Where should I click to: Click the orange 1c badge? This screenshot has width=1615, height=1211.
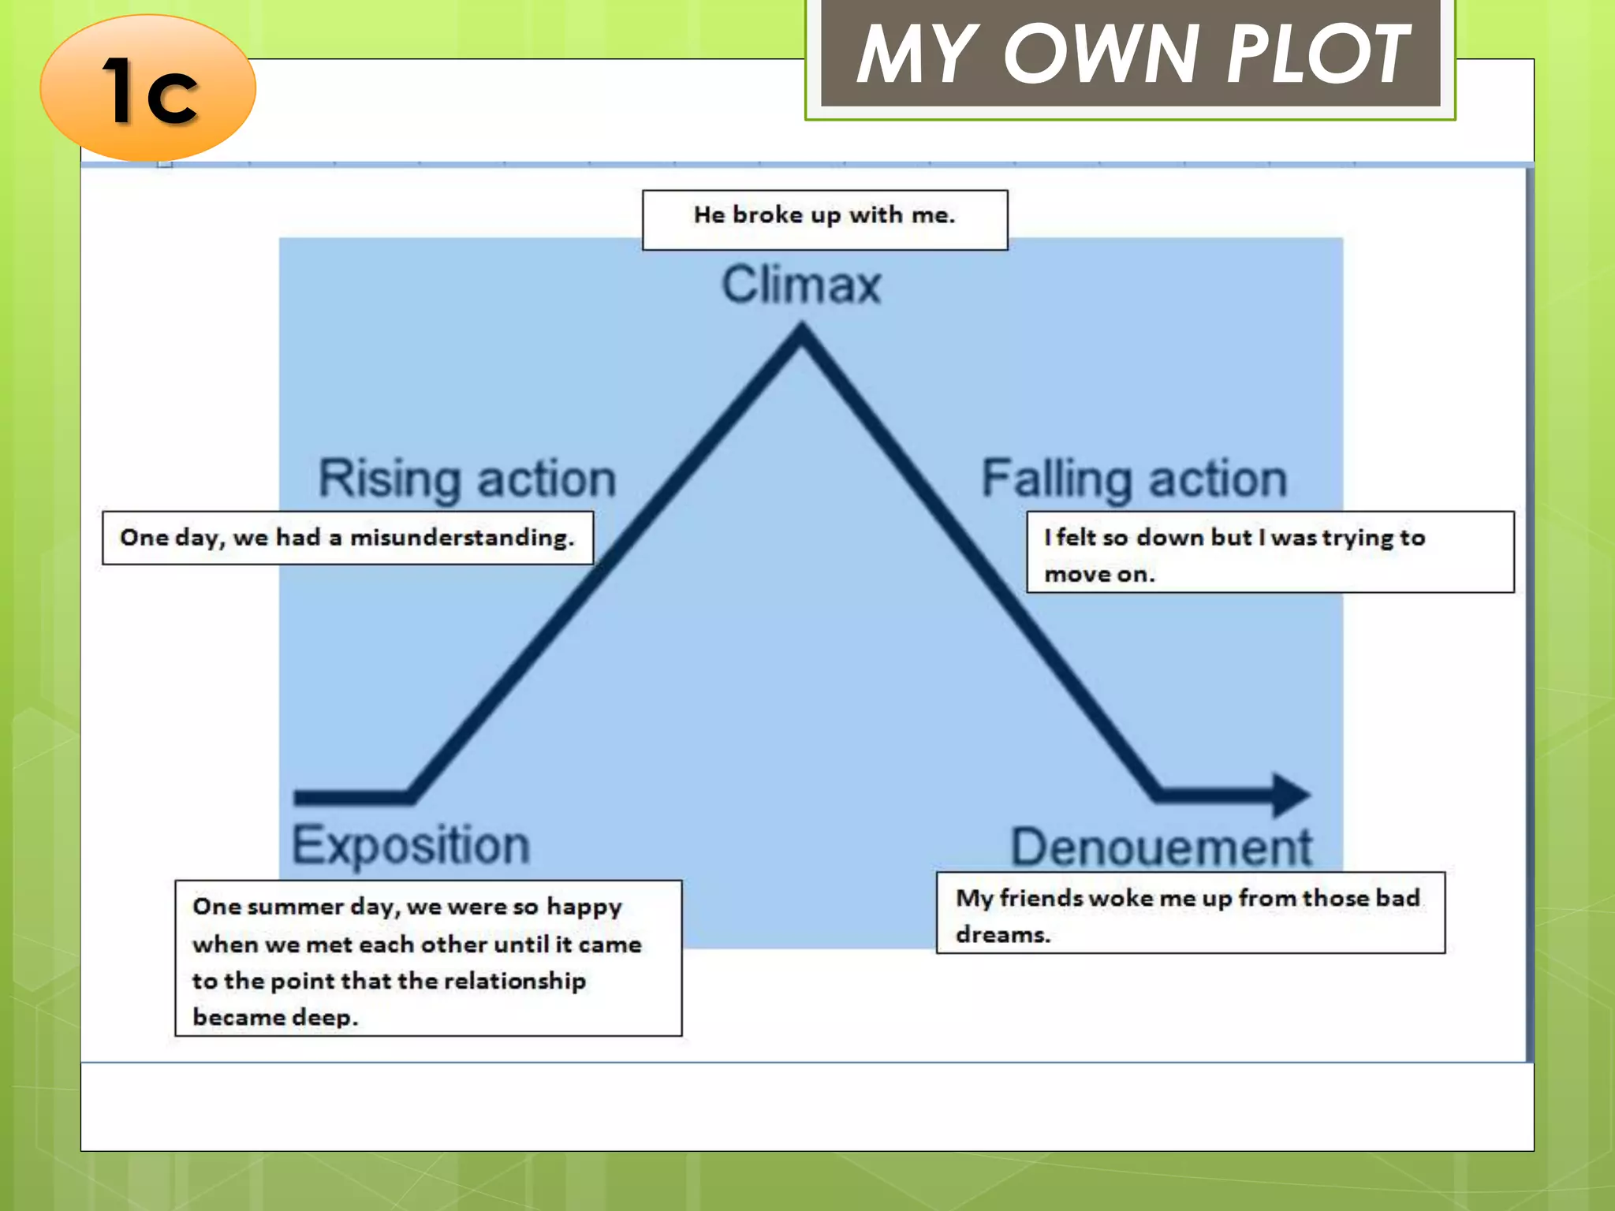tap(148, 88)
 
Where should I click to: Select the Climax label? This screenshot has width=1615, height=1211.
tap(801, 285)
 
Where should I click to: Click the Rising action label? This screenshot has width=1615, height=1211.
tap(467, 479)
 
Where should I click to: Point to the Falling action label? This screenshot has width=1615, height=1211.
tap(1134, 479)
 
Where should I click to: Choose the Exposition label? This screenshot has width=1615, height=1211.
tap(411, 845)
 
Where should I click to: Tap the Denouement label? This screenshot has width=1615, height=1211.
tap(1161, 848)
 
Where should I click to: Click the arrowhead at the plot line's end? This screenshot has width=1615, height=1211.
tap(1291, 795)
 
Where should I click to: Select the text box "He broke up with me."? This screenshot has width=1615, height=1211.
tap(824, 215)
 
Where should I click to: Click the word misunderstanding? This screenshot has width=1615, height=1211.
tap(461, 538)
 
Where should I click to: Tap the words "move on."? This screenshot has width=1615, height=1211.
tap(1099, 575)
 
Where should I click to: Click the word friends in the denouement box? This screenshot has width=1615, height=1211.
tap(1041, 898)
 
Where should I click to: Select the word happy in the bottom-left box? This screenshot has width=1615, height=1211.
tap(584, 907)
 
